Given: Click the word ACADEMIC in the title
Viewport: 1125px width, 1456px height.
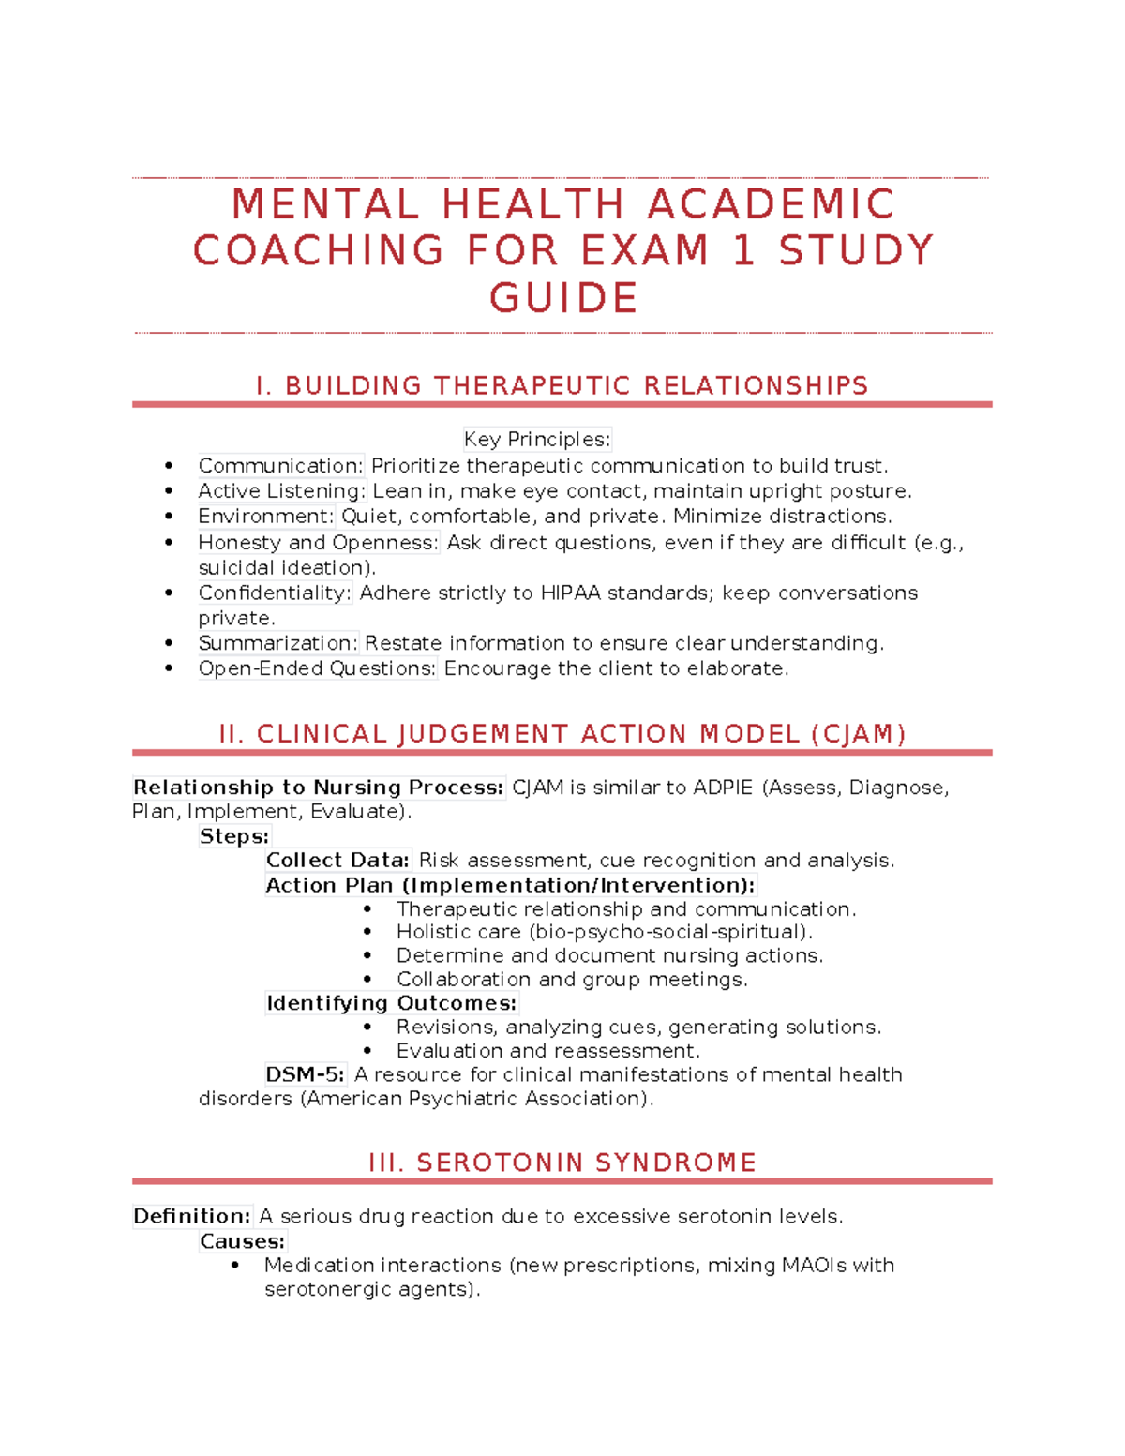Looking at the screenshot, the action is [771, 204].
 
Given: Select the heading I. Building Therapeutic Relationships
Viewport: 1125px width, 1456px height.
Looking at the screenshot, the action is [562, 385].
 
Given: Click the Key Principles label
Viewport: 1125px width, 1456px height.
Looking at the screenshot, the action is [536, 439].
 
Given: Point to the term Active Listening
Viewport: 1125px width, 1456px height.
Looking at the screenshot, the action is [280, 490].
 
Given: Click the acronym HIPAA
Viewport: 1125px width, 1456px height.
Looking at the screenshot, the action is [571, 593].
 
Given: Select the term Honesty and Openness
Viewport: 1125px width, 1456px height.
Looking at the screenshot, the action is [318, 542].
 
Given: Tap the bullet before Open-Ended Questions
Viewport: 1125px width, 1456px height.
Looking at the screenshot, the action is [169, 668].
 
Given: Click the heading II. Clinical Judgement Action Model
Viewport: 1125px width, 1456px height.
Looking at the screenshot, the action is [562, 733].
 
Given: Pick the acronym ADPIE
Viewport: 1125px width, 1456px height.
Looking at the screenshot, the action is [723, 788].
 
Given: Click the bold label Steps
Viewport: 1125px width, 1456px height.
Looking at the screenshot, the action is [234, 836].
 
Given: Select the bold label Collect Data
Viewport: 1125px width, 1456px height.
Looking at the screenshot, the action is [337, 860].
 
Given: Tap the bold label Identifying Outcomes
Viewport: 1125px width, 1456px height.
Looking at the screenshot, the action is [391, 1003].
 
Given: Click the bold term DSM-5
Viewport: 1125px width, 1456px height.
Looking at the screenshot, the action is [305, 1074].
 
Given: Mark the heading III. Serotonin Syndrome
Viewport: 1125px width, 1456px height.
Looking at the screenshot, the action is [562, 1163].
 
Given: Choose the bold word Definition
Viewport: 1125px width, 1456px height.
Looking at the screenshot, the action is [192, 1216].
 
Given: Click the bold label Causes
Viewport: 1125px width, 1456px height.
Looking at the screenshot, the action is [242, 1241].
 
